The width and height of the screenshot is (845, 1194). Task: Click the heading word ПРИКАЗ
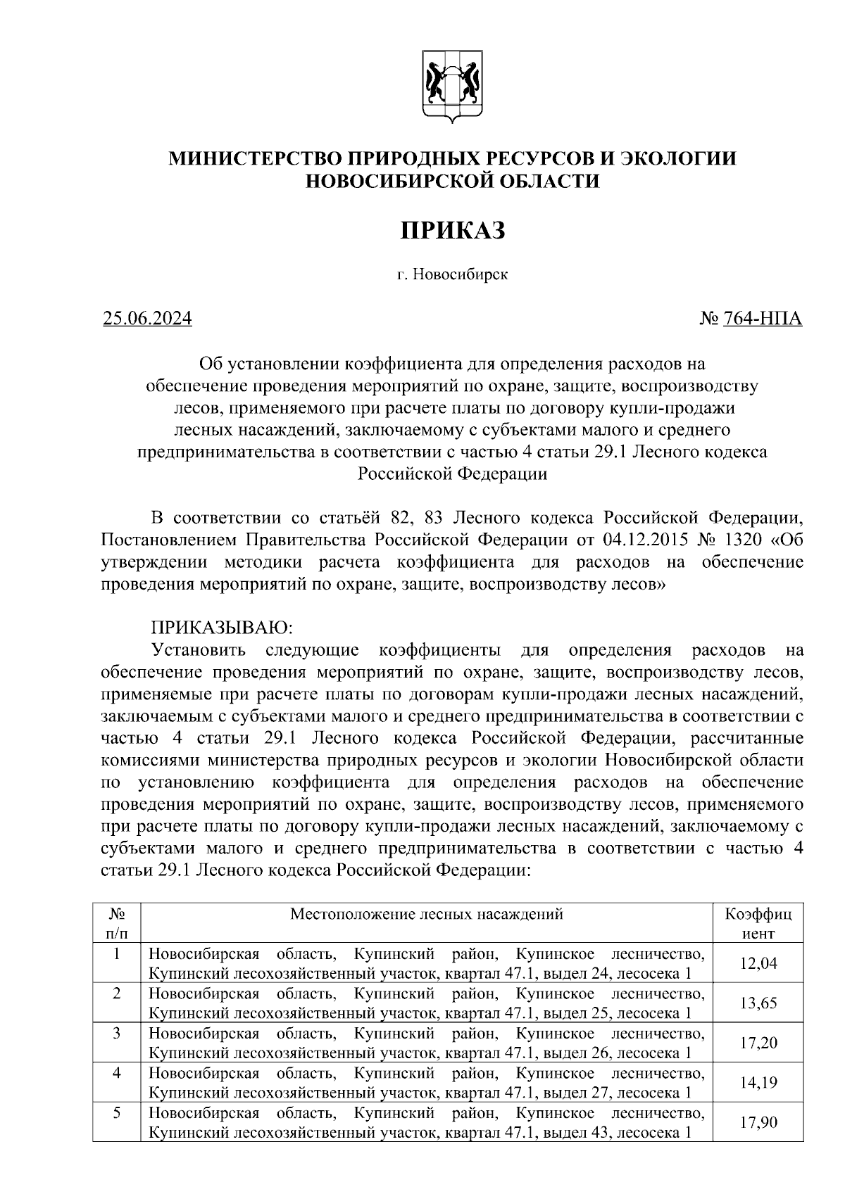453,230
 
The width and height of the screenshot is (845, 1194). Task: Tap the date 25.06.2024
147,319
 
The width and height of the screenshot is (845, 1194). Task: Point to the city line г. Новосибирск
452,274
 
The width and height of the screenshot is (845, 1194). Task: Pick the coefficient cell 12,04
758,963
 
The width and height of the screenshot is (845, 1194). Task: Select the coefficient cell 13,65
758,1003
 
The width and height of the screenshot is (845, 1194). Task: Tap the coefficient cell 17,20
758,1042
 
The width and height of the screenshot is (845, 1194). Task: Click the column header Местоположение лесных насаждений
427,914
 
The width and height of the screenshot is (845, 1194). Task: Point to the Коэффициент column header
758,924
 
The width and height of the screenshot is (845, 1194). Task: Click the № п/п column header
117,924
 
